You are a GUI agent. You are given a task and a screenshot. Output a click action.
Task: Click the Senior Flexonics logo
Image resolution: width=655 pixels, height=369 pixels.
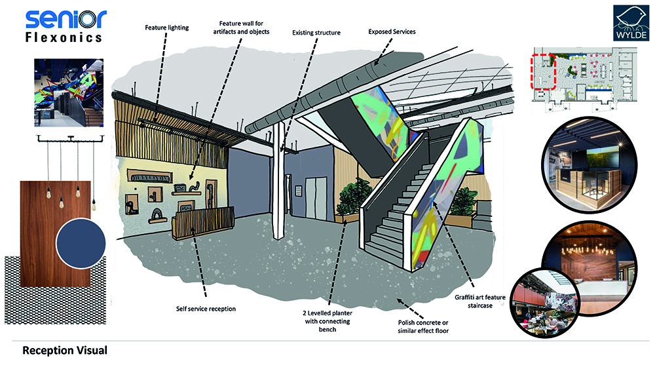[65, 26]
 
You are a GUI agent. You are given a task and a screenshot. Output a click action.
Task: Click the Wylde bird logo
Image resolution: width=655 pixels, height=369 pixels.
[630, 23]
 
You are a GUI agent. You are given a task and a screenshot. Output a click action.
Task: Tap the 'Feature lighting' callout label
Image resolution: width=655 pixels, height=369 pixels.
[166, 28]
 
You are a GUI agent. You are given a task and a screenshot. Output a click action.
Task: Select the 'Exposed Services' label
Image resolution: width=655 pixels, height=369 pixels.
[392, 31]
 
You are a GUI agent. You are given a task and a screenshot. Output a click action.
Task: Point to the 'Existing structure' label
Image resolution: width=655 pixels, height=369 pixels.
[316, 33]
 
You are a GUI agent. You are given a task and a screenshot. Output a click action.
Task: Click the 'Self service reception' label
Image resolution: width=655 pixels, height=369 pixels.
[206, 309]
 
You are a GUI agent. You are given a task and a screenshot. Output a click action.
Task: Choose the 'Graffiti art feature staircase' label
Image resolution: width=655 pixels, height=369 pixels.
[480, 301]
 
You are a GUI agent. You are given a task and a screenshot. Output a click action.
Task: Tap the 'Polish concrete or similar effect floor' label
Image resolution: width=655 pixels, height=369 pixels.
[423, 326]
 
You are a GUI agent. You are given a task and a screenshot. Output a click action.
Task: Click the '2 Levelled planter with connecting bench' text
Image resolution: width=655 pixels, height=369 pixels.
[327, 321]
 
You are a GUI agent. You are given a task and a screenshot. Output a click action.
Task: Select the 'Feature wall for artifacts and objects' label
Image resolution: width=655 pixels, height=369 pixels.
[242, 28]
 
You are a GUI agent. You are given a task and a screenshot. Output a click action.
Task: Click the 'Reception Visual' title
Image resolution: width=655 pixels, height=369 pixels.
[65, 350]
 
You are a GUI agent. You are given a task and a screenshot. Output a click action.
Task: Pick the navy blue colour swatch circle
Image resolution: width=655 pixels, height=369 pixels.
[81, 243]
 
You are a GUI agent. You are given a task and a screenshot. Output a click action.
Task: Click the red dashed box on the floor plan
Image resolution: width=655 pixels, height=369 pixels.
[543, 71]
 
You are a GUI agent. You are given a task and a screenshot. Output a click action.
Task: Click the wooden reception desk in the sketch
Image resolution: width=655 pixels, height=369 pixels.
[202, 223]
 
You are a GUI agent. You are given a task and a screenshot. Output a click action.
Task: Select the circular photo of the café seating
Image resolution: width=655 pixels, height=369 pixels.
[546, 303]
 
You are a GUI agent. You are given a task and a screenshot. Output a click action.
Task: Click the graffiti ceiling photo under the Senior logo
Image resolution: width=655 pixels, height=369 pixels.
[69, 93]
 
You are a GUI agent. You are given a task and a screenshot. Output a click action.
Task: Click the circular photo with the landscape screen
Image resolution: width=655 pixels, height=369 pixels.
[589, 165]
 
